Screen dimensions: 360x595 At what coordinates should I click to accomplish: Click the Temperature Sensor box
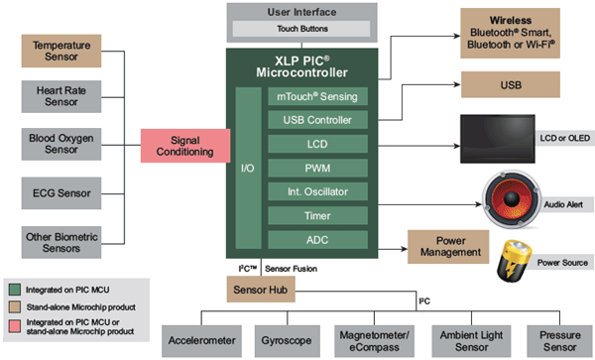[62, 51]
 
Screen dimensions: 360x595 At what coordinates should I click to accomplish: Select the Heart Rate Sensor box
[62, 95]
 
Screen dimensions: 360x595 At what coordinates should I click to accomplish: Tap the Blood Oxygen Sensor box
[62, 142]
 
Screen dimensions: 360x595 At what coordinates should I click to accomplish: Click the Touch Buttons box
[301, 31]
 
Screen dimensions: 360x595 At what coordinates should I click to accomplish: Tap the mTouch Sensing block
[317, 95]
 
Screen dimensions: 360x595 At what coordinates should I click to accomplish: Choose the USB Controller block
[317, 120]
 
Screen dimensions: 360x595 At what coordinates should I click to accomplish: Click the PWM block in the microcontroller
[317, 168]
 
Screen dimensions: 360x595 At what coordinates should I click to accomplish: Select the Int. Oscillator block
[317, 191]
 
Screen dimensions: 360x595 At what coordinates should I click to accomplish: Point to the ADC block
[317, 239]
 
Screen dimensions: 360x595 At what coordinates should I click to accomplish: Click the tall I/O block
[248, 168]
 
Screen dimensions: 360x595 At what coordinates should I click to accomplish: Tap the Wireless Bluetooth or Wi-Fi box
[524, 32]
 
